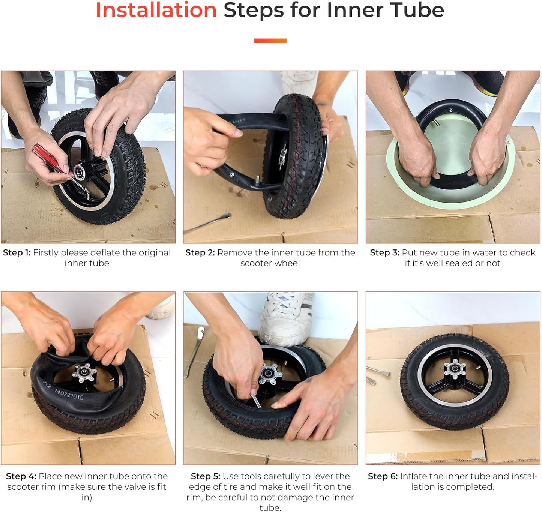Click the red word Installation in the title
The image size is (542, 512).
click(156, 10)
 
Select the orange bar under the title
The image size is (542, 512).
click(270, 41)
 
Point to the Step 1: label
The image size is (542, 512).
click(17, 253)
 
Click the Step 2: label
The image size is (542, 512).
click(200, 253)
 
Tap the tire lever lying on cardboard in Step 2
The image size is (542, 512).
click(207, 224)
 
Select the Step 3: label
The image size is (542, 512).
click(384, 253)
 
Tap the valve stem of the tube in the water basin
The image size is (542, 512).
click(436, 123)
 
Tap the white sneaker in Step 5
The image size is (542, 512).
click(286, 318)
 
